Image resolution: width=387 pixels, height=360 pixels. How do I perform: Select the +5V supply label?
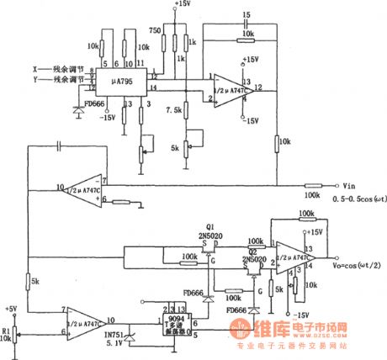coord(10,308)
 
